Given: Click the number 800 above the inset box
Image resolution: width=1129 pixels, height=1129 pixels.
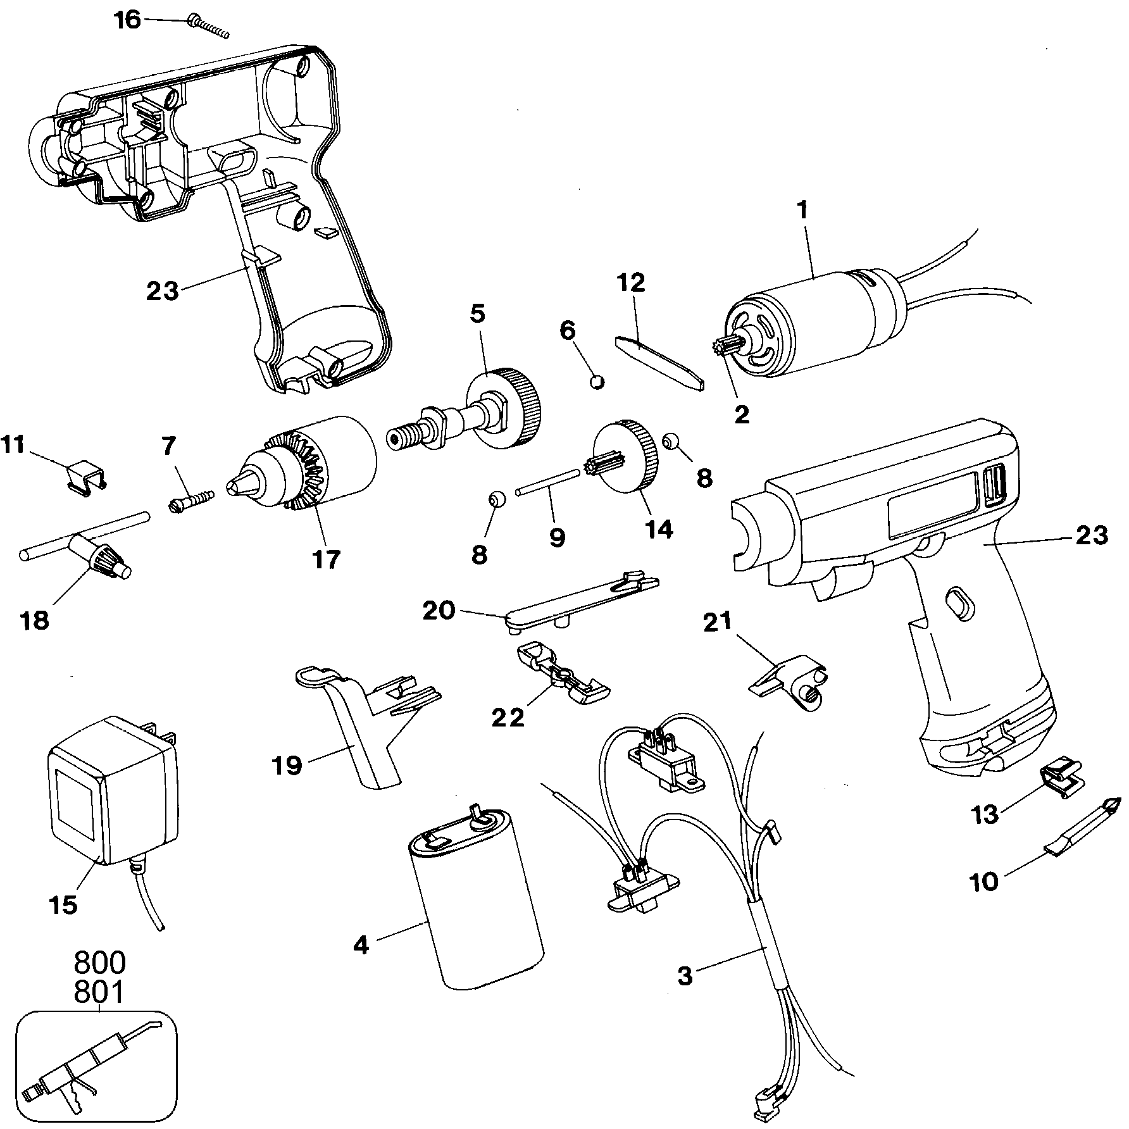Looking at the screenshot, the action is point(100,963).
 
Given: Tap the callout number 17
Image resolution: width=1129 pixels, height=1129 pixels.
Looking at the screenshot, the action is point(327,559).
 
